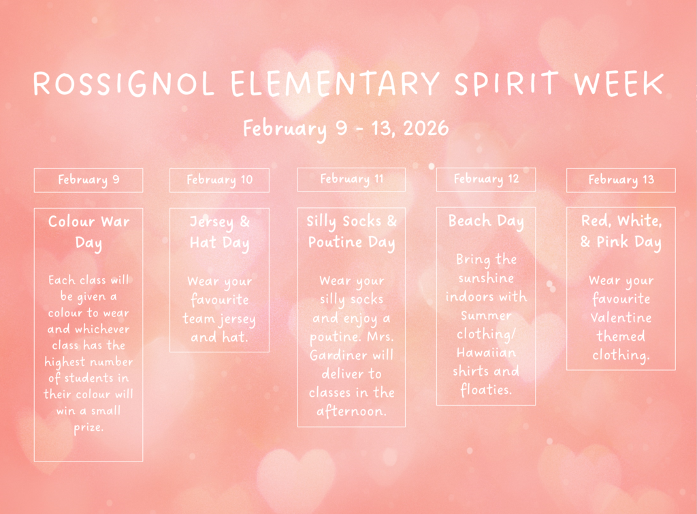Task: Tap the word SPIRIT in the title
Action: click(506, 85)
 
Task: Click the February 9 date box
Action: click(88, 180)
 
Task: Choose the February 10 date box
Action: click(219, 180)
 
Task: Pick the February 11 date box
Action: click(351, 179)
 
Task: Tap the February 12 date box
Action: click(486, 179)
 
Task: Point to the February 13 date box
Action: click(621, 180)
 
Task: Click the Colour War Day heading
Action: click(88, 232)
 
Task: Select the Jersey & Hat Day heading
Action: click(219, 232)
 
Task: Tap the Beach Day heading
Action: click(485, 222)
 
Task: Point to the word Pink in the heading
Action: click(613, 243)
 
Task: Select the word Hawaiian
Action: click(486, 352)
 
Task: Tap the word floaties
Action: click(486, 389)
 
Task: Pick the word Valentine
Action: click(621, 318)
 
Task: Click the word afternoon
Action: click(351, 411)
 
